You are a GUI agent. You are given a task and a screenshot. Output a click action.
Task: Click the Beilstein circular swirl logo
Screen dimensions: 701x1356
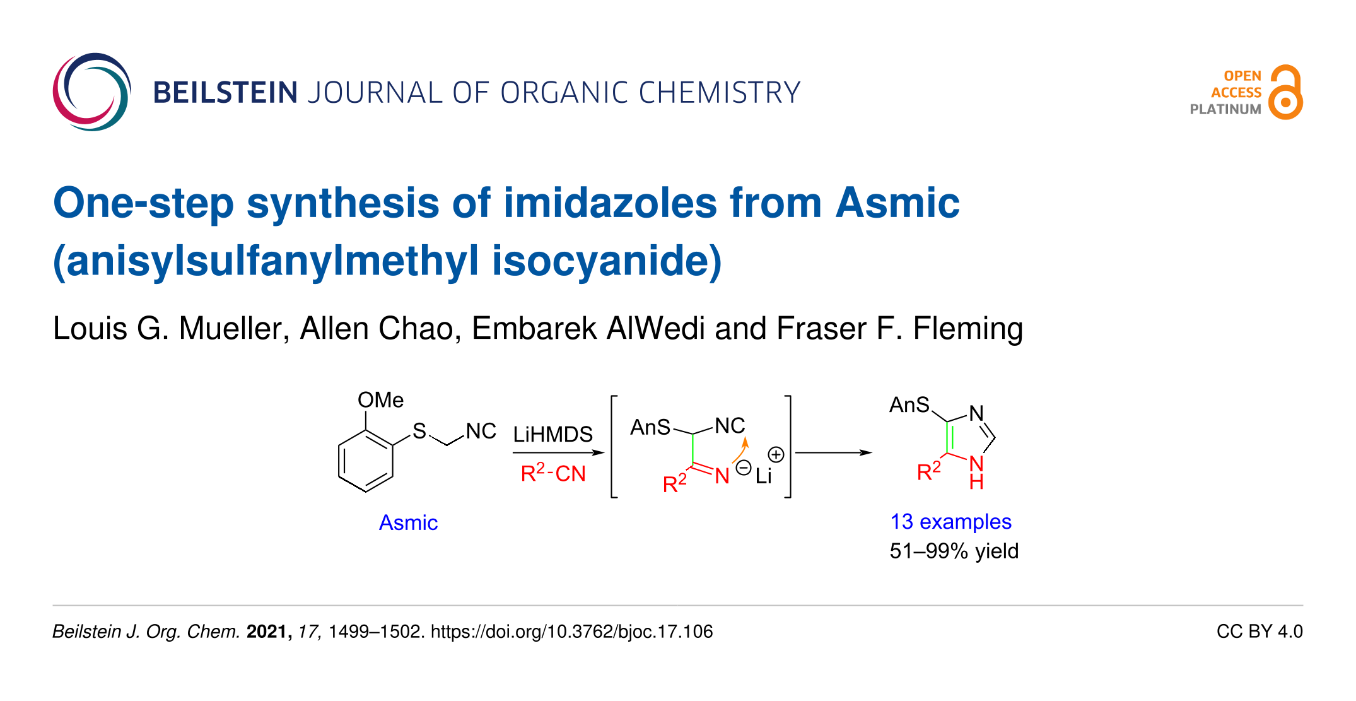click(x=92, y=92)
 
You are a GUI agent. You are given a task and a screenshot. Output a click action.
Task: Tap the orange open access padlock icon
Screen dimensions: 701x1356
click(x=1285, y=93)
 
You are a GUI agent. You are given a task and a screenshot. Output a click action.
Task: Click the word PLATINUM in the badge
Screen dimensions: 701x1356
click(x=1225, y=109)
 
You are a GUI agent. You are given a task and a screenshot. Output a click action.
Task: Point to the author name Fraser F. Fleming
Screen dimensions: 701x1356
click(x=899, y=328)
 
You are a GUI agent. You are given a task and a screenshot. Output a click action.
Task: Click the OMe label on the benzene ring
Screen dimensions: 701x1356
click(x=380, y=400)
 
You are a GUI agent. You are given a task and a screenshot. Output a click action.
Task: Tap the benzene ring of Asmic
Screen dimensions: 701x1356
click(x=366, y=461)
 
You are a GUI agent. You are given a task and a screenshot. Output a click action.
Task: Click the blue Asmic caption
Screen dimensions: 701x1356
click(x=408, y=522)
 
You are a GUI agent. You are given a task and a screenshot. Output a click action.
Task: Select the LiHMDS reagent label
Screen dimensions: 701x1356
click(x=552, y=434)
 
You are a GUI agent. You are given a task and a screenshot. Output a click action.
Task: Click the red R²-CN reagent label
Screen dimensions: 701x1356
click(x=553, y=473)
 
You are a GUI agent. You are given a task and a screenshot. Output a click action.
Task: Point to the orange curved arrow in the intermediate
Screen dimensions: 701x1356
click(x=740, y=449)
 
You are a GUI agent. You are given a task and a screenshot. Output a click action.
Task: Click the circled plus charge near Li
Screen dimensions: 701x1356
click(x=776, y=454)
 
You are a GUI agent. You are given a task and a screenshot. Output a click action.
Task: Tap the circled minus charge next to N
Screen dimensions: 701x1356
click(x=744, y=468)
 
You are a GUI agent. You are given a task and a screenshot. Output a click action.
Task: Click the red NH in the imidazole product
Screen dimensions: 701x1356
click(x=976, y=472)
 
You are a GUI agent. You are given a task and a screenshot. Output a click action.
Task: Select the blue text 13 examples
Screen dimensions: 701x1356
click(x=950, y=522)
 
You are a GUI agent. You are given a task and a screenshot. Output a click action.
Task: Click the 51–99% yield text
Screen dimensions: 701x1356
click(x=954, y=551)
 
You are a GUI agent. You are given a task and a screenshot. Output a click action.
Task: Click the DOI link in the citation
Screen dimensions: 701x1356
click(x=571, y=632)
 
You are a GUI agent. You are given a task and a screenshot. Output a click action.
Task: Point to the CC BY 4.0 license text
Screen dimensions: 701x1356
click(x=1259, y=632)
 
